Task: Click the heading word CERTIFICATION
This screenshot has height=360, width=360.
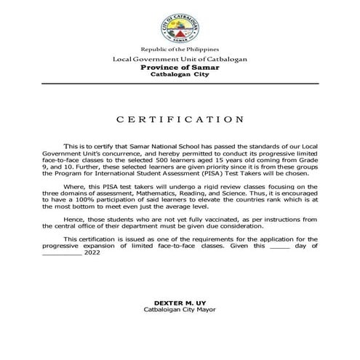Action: [180, 118]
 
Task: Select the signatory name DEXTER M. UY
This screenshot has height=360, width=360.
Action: [180, 302]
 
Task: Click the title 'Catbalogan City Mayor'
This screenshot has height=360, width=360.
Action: [180, 309]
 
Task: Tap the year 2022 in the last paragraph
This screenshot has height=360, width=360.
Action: [92, 252]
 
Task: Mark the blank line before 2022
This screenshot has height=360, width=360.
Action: [62, 252]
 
